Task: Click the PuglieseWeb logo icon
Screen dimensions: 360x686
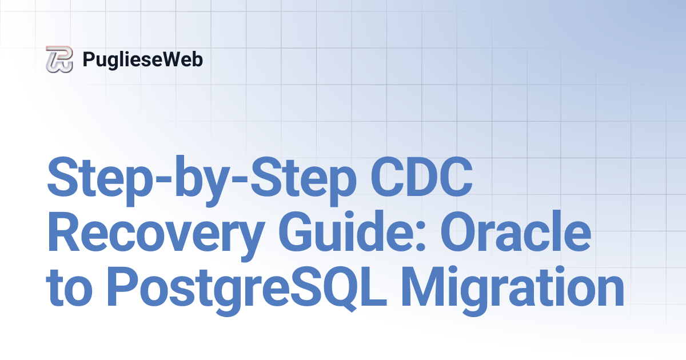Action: point(59,59)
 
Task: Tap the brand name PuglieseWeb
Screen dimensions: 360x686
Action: point(142,59)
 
